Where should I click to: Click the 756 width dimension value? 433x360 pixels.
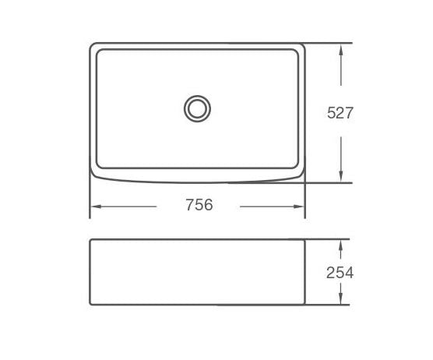199,206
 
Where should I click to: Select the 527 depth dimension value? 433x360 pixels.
340,112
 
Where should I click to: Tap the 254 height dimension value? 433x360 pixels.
340,273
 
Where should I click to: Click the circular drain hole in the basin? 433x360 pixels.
197,108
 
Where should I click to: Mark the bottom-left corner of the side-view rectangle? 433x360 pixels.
90,304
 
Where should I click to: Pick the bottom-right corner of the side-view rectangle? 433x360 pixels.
305,304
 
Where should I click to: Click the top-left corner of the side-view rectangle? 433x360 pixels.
90,238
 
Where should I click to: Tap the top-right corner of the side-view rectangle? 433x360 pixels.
305,238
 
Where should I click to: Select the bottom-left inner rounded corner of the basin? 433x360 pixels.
99,167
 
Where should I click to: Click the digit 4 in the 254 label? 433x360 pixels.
349,273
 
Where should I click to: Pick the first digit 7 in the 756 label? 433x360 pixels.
190,206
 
